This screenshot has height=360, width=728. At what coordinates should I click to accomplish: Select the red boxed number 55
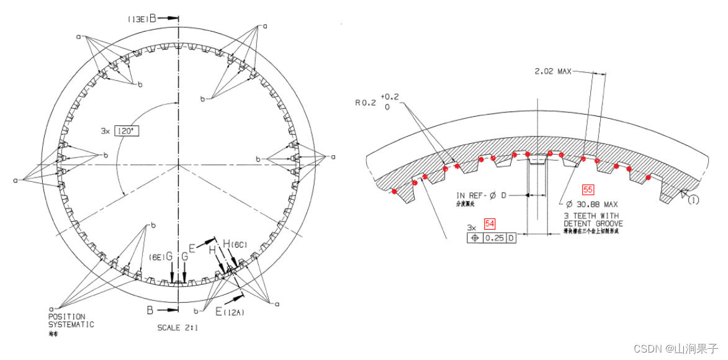coord(588,189)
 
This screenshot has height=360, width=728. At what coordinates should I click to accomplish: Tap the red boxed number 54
coord(490,223)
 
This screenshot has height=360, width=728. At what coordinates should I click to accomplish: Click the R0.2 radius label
coord(365,104)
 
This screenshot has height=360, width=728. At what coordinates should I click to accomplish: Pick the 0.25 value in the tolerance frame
coord(495,237)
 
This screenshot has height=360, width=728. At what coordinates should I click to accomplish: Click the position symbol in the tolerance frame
coord(475,237)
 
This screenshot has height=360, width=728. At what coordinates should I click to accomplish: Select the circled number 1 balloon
coord(694,200)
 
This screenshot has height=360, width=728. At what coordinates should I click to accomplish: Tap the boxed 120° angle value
coord(125,131)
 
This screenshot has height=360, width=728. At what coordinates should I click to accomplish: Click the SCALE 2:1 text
coord(178,327)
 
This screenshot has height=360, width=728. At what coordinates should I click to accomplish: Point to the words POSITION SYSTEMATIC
coord(71,320)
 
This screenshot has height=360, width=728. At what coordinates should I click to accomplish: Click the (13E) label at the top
coord(137,19)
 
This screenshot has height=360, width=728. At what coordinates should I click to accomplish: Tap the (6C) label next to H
coord(240,245)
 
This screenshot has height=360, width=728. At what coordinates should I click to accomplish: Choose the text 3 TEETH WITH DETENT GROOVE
coord(593,219)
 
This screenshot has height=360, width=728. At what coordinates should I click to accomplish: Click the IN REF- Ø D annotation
coord(482,196)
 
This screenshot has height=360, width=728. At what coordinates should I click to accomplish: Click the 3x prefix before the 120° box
coord(106,131)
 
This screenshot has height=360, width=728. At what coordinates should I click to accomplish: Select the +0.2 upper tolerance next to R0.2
coord(390,97)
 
